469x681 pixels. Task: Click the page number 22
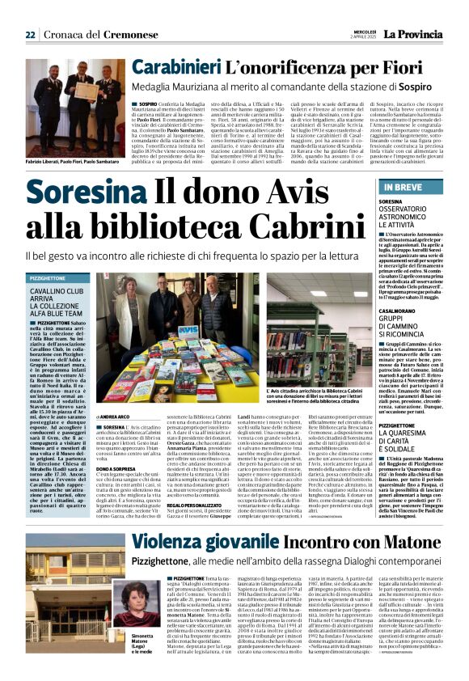click(x=30, y=34)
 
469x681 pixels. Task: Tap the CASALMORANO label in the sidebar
click(x=397, y=298)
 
